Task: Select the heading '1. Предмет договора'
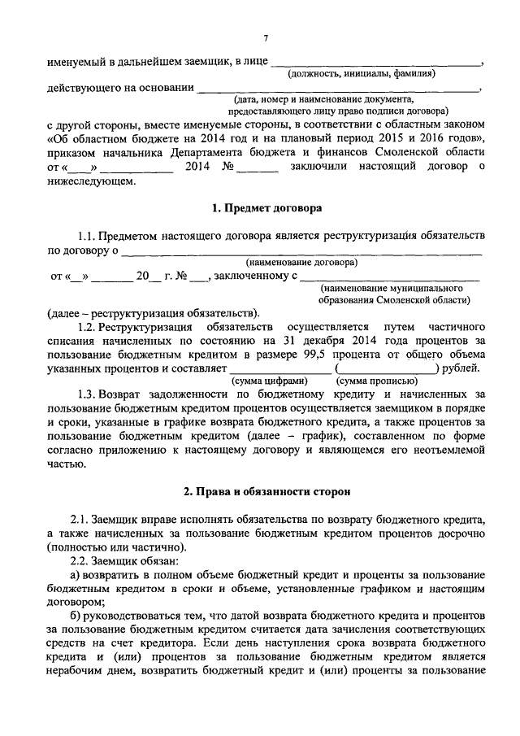click(266, 208)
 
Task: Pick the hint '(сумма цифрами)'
click(270, 381)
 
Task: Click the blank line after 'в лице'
click(374, 61)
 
